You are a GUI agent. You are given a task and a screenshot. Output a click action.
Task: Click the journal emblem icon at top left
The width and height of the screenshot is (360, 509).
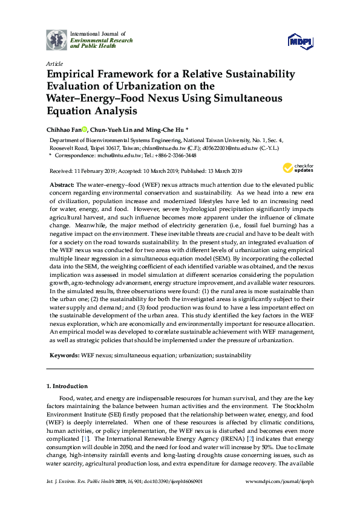click(x=57, y=40)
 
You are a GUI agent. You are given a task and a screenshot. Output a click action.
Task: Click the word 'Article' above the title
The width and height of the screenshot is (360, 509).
click(x=54, y=63)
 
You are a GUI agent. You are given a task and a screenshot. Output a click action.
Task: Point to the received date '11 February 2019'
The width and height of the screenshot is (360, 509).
click(x=91, y=171)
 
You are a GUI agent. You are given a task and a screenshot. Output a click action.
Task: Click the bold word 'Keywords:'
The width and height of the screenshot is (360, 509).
click(x=64, y=356)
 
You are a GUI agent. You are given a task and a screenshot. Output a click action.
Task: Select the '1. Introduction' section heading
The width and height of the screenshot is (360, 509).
click(x=67, y=386)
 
